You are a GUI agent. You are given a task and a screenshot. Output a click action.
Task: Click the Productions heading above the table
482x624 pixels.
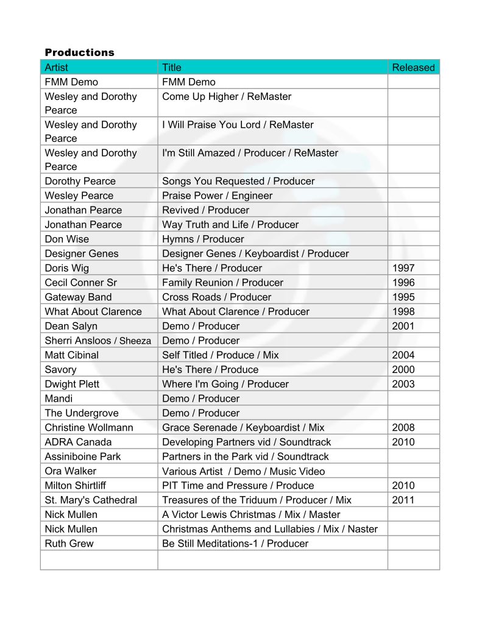coord(79,52)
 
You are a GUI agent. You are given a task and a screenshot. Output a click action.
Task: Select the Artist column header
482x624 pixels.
coord(57,68)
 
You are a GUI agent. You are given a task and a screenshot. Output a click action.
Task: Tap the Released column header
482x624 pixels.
coord(413,68)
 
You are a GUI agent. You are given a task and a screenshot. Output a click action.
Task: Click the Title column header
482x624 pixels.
coord(172,68)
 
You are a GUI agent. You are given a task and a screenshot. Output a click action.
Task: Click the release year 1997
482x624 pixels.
coord(403,268)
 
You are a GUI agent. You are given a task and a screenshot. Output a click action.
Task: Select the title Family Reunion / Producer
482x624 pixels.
coord(222,283)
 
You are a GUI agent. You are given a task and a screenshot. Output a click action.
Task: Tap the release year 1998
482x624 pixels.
coord(403,312)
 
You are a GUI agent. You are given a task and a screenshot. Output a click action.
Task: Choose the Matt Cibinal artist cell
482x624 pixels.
coord(71,355)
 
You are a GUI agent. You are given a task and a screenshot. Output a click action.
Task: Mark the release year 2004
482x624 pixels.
coord(403,355)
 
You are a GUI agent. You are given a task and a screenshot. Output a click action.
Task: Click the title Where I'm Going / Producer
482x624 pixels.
coord(225,384)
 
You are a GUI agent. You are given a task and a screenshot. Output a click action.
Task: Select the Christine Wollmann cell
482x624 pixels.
coord(89,428)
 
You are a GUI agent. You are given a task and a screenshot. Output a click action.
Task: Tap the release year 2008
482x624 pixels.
coord(403,428)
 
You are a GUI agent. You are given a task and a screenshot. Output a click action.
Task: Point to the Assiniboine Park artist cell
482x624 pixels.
coord(83,456)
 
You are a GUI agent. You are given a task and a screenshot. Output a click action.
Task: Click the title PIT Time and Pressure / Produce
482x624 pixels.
coord(238,486)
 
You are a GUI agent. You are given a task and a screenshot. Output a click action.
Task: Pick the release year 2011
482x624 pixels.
coord(403,500)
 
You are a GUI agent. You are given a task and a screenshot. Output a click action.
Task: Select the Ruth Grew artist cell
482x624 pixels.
coord(69,544)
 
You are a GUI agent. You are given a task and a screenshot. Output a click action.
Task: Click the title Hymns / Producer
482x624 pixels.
coord(203,239)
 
